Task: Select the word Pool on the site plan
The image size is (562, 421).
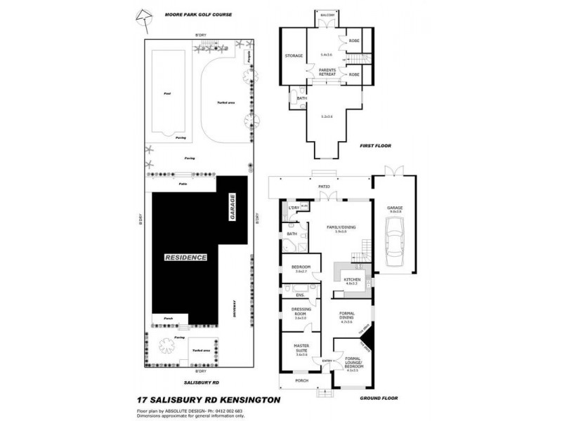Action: (x=166, y=93)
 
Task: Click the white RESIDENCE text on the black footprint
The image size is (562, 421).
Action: (x=186, y=258)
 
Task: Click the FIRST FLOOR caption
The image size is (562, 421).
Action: (x=375, y=146)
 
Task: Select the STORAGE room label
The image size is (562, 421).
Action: (x=294, y=55)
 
